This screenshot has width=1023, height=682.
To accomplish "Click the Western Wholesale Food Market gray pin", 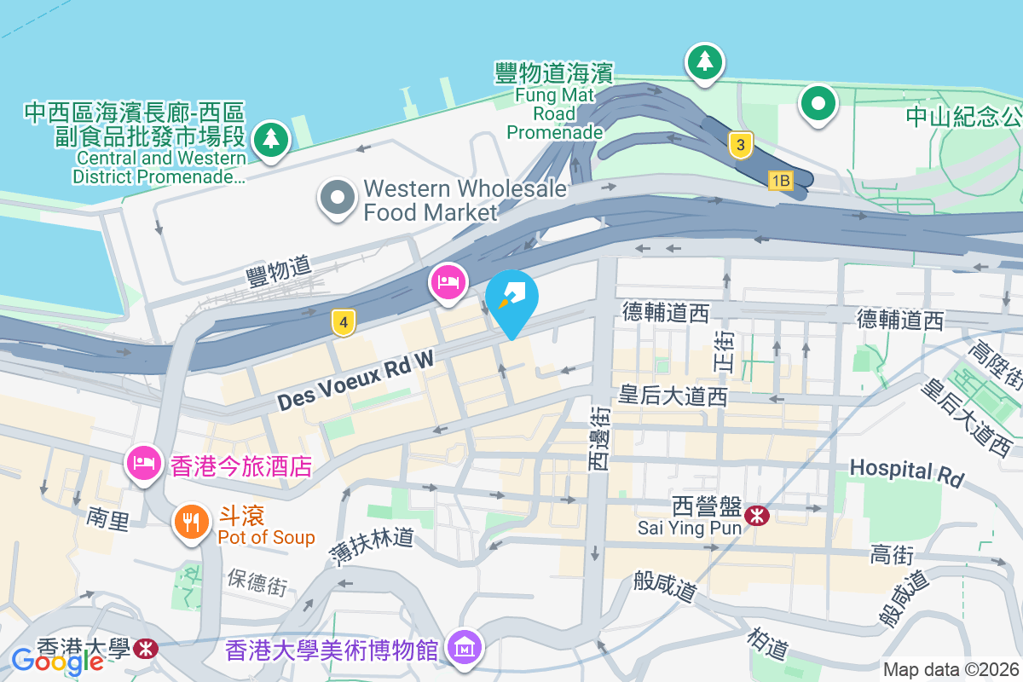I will [338, 198].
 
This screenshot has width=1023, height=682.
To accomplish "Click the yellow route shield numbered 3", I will [741, 145].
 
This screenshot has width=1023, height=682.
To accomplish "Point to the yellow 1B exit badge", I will [780, 180].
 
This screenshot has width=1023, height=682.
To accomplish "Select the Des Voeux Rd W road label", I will [355, 381].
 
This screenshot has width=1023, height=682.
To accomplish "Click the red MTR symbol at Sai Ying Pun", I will [755, 515].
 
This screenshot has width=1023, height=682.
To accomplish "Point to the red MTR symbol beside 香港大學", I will [146, 649].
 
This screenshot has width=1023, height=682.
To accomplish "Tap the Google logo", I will [57, 661].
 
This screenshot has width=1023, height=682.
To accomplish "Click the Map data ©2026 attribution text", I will [951, 669].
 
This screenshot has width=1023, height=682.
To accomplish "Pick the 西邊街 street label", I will [599, 437].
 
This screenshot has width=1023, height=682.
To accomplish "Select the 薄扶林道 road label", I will [372, 546].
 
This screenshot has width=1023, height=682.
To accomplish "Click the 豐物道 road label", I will [278, 273].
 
